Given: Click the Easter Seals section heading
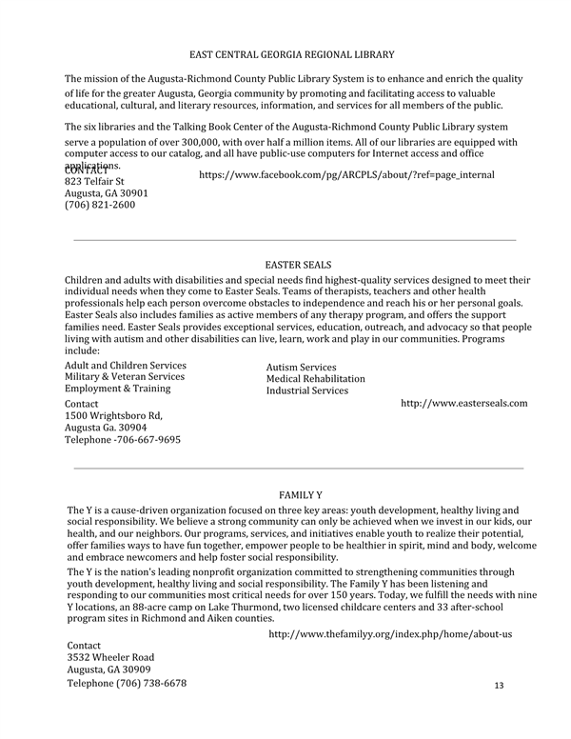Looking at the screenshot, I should click(298, 264).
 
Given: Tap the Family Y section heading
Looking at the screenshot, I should click(301, 495).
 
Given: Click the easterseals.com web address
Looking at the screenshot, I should click(463, 404).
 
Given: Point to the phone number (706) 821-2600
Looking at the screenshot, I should click(99, 204).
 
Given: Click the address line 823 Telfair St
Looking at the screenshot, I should click(94, 180).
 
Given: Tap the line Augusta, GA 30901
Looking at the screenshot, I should click(106, 192).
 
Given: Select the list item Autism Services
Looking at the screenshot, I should click(301, 368).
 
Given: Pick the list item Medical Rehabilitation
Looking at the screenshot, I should click(315, 379).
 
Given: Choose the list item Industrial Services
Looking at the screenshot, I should click(306, 390).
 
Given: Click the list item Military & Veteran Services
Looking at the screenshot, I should click(125, 377).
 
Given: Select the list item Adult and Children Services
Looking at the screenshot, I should click(125, 366).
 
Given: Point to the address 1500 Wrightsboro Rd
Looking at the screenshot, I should click(113, 416).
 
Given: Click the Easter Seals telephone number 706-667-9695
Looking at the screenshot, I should click(122, 440).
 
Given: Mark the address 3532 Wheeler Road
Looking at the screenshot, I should click(110, 657).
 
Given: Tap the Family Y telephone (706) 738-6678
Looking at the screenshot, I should click(127, 684).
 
